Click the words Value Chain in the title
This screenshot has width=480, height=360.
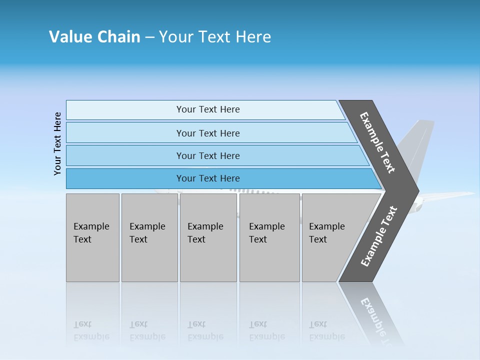[x=94, y=36]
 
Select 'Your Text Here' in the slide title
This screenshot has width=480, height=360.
[x=215, y=36]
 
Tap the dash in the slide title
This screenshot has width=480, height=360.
[x=149, y=37]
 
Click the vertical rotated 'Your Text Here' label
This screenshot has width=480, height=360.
[x=57, y=143]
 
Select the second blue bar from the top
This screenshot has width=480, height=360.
[x=207, y=133]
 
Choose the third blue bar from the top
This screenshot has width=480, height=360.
[x=207, y=155]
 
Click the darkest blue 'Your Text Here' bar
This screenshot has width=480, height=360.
[x=207, y=178]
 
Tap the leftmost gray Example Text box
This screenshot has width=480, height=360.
[x=92, y=237]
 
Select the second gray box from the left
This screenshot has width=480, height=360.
[x=149, y=237]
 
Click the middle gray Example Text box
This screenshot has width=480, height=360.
[x=208, y=237]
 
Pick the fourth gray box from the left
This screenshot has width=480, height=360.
[x=269, y=237]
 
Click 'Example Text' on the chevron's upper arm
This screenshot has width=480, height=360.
[x=378, y=142]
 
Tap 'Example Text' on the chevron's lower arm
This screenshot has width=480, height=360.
[x=379, y=236]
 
